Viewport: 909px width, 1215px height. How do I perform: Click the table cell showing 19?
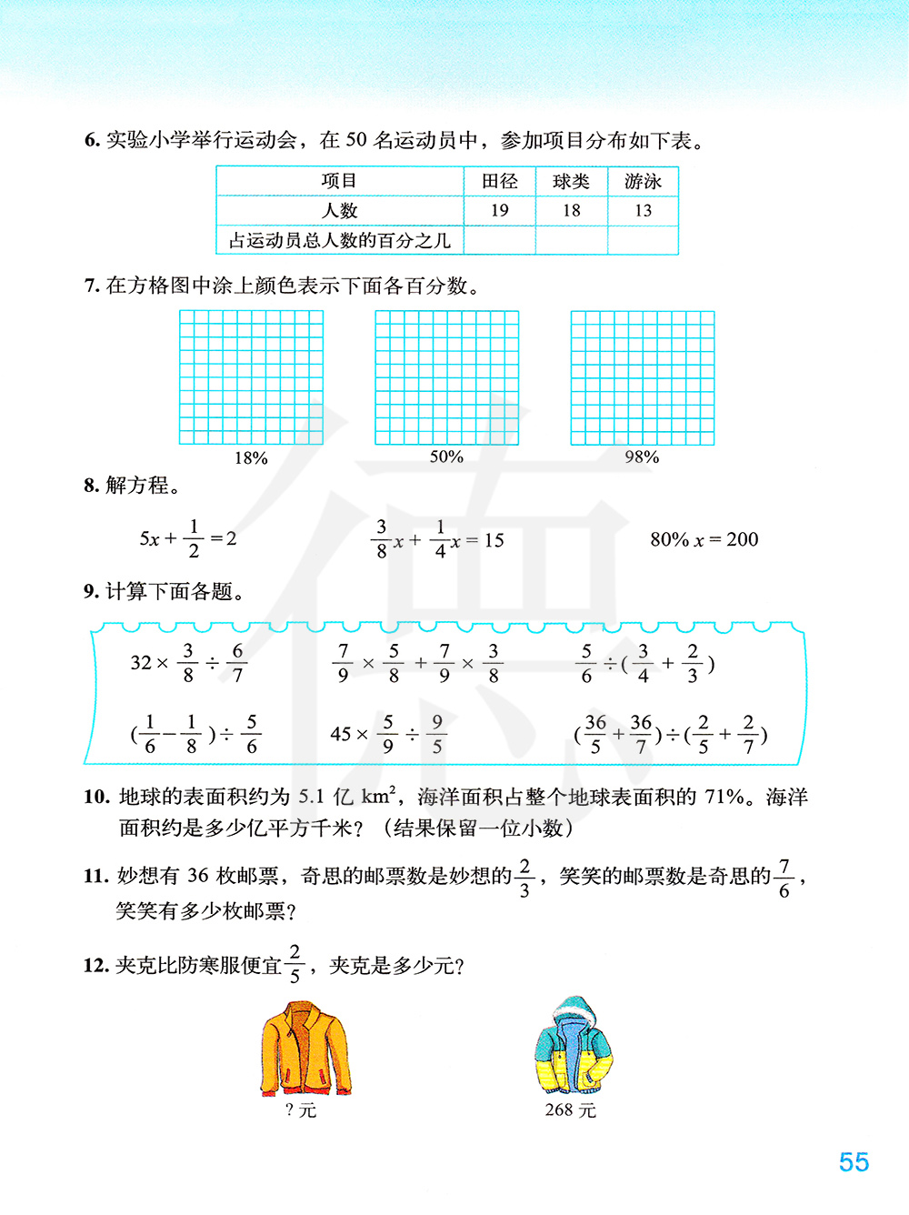(499, 211)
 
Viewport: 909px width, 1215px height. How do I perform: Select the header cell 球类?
(571, 182)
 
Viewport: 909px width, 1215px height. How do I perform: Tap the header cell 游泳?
(643, 182)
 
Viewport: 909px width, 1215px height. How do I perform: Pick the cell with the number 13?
(643, 211)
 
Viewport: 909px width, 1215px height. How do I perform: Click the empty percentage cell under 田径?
(499, 241)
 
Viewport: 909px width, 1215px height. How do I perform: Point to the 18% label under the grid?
(251, 458)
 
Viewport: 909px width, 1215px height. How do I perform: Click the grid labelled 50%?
(446, 377)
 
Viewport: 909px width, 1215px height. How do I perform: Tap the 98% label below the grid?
(642, 457)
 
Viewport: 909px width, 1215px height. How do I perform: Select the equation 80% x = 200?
(704, 539)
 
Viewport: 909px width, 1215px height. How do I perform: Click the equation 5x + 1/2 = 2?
(188, 538)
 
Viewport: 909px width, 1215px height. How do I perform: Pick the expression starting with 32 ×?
(188, 663)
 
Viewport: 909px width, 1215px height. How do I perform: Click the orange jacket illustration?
(305, 1049)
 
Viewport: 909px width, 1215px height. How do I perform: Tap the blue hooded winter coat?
(574, 1046)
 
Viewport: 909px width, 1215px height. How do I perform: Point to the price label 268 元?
(570, 1110)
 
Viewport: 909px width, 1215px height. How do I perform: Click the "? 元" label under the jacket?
(301, 1110)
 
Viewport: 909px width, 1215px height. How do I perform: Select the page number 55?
(854, 1162)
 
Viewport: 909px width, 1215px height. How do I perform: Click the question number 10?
(96, 798)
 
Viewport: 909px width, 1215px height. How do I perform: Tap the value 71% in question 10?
(724, 798)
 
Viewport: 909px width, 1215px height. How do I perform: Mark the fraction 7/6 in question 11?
(784, 879)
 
